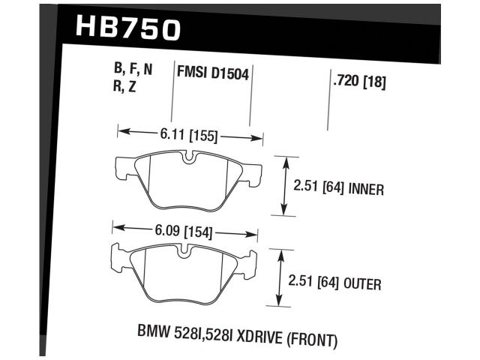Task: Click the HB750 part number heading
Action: [128, 28]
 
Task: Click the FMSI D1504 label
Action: [213, 73]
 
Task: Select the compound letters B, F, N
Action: [133, 70]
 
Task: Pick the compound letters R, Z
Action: [126, 86]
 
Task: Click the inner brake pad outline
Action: [187, 179]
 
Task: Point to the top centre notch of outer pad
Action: [184, 250]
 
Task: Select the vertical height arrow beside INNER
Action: [283, 185]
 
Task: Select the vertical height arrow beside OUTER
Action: [280, 278]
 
